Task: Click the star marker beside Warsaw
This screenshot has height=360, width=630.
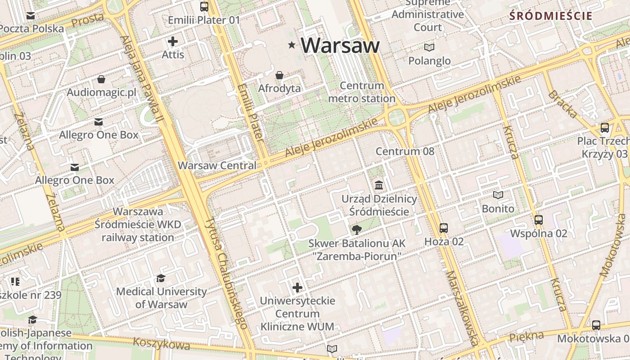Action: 292,45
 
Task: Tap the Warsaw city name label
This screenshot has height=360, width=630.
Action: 340,45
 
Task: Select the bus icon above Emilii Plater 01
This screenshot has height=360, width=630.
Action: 204,6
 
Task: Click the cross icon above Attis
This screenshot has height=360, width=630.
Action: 173,42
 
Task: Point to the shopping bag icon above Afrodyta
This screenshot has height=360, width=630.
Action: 279,75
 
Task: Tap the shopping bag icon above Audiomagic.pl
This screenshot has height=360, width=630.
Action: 101,80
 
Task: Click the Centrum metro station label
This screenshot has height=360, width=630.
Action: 362,92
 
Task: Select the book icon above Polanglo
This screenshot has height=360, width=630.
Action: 429,47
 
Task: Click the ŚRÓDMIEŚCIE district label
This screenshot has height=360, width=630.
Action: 550,16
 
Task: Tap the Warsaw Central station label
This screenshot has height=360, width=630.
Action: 217,165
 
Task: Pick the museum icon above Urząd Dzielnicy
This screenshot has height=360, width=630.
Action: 379,185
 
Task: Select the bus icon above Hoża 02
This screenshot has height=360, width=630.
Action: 444,228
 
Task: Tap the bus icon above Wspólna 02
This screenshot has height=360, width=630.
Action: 538,220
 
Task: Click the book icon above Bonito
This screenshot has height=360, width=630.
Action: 498,195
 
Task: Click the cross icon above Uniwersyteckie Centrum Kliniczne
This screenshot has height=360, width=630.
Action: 297,287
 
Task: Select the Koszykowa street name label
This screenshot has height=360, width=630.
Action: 162,344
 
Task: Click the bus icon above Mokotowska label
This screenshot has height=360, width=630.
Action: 596,325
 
